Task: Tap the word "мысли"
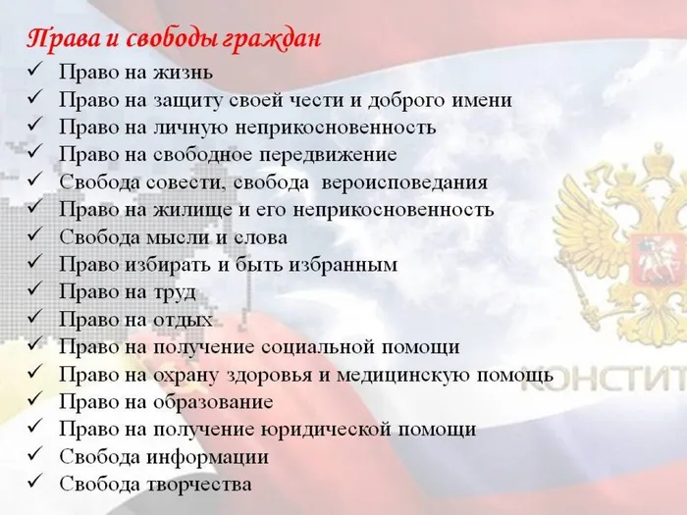pyautogui.click(x=175, y=237)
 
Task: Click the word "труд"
pyautogui.click(x=174, y=292)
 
